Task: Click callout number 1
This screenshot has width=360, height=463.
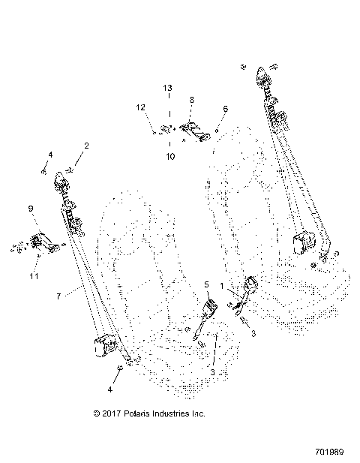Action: pos(222,287)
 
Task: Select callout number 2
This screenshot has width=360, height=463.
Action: pos(86,145)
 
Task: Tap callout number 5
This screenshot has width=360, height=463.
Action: pos(207,285)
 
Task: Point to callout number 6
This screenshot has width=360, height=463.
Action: pos(225,110)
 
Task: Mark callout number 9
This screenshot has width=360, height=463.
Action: pos(31,208)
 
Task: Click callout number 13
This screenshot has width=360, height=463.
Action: pos(169,88)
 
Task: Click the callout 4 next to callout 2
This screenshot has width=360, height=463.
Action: pos(50,155)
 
